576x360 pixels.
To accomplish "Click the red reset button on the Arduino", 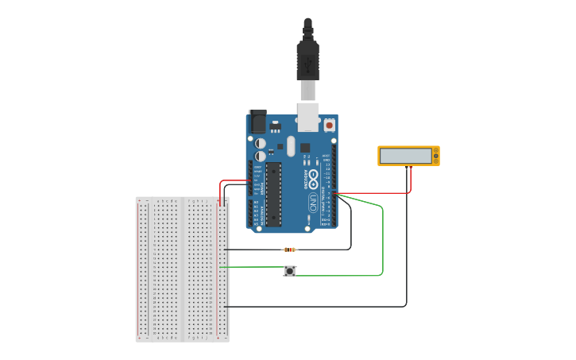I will point(329,125).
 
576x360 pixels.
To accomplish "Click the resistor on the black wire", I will point(290,250).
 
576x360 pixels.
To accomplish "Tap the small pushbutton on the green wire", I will point(290,271).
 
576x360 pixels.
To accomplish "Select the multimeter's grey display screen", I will point(404,156).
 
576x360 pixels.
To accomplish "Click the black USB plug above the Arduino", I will point(307,60).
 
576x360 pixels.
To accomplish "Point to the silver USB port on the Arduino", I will point(307,116).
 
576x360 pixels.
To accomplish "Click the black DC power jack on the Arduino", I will point(257,122).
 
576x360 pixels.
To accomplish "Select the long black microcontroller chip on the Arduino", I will point(273,194).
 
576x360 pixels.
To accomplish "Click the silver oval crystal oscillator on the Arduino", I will point(291,145).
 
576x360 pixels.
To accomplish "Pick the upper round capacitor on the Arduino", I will point(261,143).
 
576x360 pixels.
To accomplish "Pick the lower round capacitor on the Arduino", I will point(261,157).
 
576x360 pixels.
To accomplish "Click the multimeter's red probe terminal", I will point(411,166).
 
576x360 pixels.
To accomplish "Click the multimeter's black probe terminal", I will point(406,166).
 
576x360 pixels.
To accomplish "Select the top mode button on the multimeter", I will point(435,150).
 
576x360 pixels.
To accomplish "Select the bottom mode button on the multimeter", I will point(435,161).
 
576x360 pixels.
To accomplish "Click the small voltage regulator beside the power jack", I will point(276,126).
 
